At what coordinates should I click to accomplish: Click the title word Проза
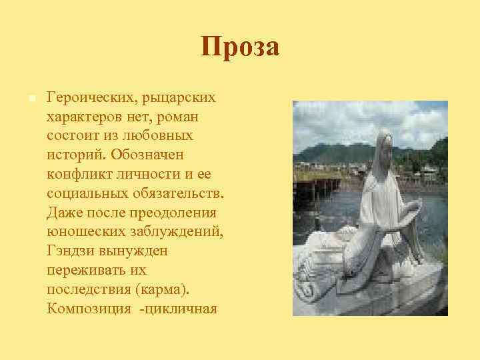tap(240, 47)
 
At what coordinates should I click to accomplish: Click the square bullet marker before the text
tap(31, 98)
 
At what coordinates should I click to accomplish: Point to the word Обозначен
tap(150, 155)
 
